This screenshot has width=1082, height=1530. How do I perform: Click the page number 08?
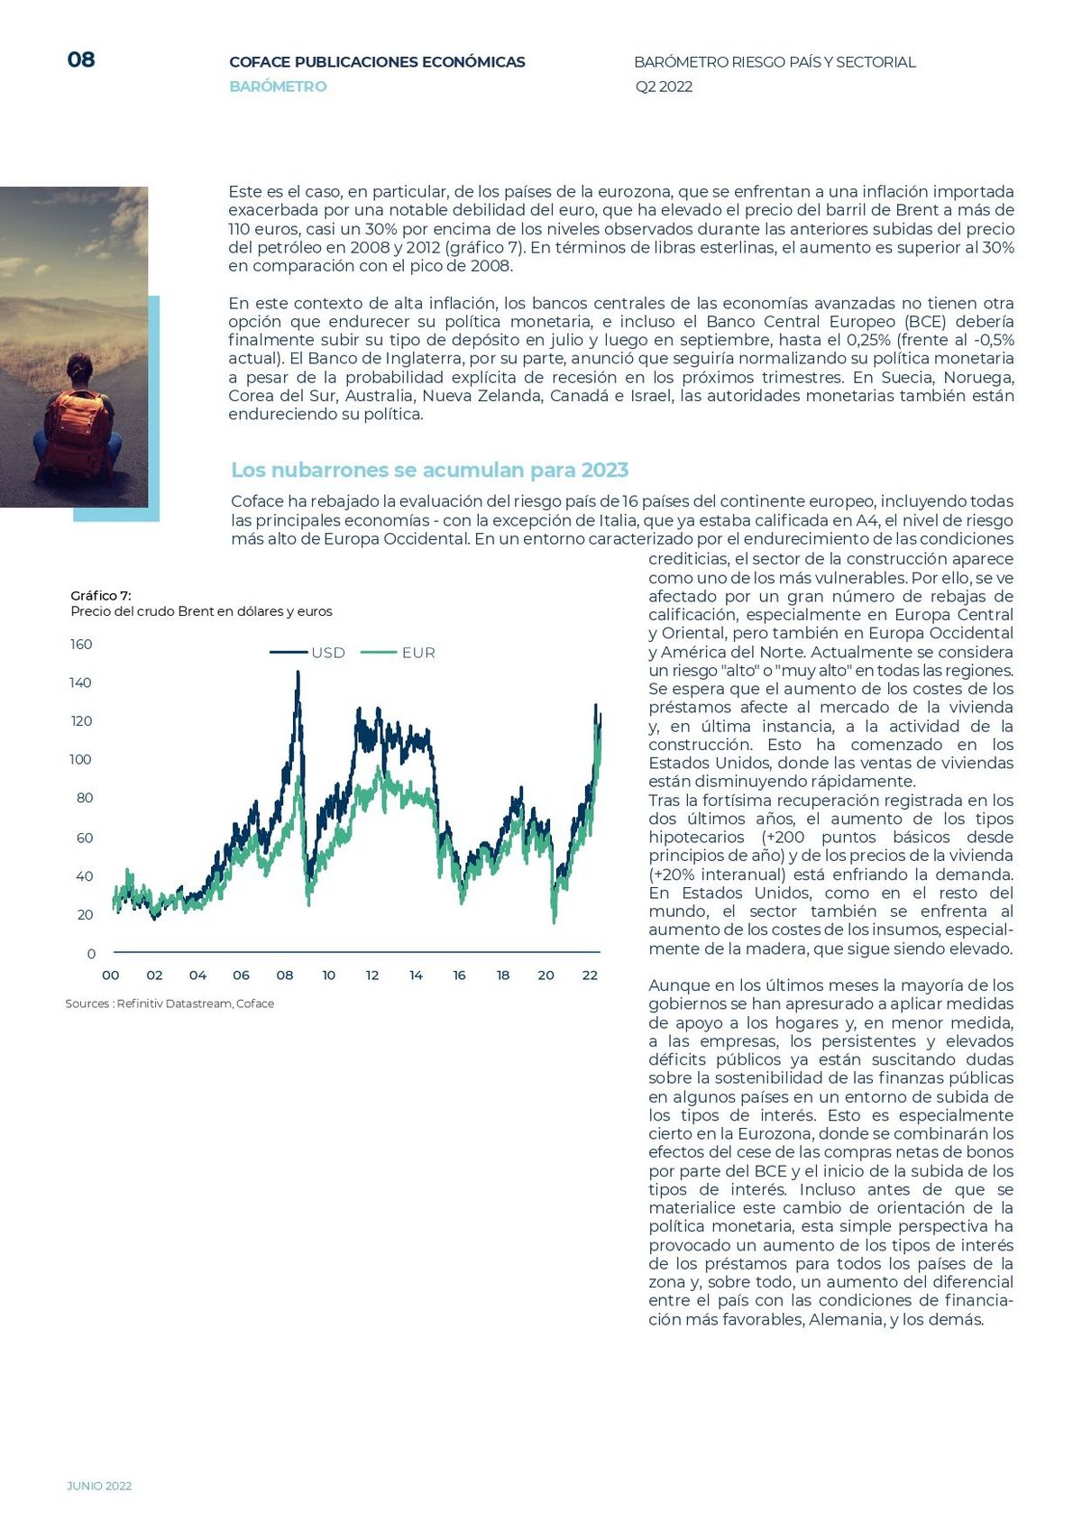81,60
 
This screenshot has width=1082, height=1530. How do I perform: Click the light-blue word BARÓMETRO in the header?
278,87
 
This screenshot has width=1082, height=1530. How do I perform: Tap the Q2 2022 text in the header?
664,87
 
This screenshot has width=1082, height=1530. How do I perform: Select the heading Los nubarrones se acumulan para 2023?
429,470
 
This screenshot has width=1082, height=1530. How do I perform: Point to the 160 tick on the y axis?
81,644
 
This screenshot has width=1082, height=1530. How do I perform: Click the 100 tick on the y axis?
80,759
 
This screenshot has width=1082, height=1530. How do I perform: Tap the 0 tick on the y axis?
91,954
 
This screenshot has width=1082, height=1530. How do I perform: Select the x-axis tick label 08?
285,976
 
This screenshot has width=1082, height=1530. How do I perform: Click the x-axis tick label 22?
590,976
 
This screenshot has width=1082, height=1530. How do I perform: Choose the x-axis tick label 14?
416,976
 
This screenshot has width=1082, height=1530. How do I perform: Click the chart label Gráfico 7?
101,595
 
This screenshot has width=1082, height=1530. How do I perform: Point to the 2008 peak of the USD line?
298,672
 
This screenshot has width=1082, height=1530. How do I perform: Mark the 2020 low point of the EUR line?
555,921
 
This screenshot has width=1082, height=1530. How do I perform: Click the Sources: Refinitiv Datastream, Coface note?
170,1003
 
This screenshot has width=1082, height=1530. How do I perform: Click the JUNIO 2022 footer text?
99,1486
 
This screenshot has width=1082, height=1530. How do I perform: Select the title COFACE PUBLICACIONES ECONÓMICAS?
377,62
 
